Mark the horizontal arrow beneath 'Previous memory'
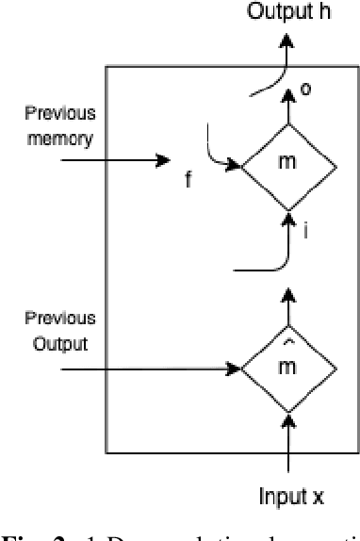113,161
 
